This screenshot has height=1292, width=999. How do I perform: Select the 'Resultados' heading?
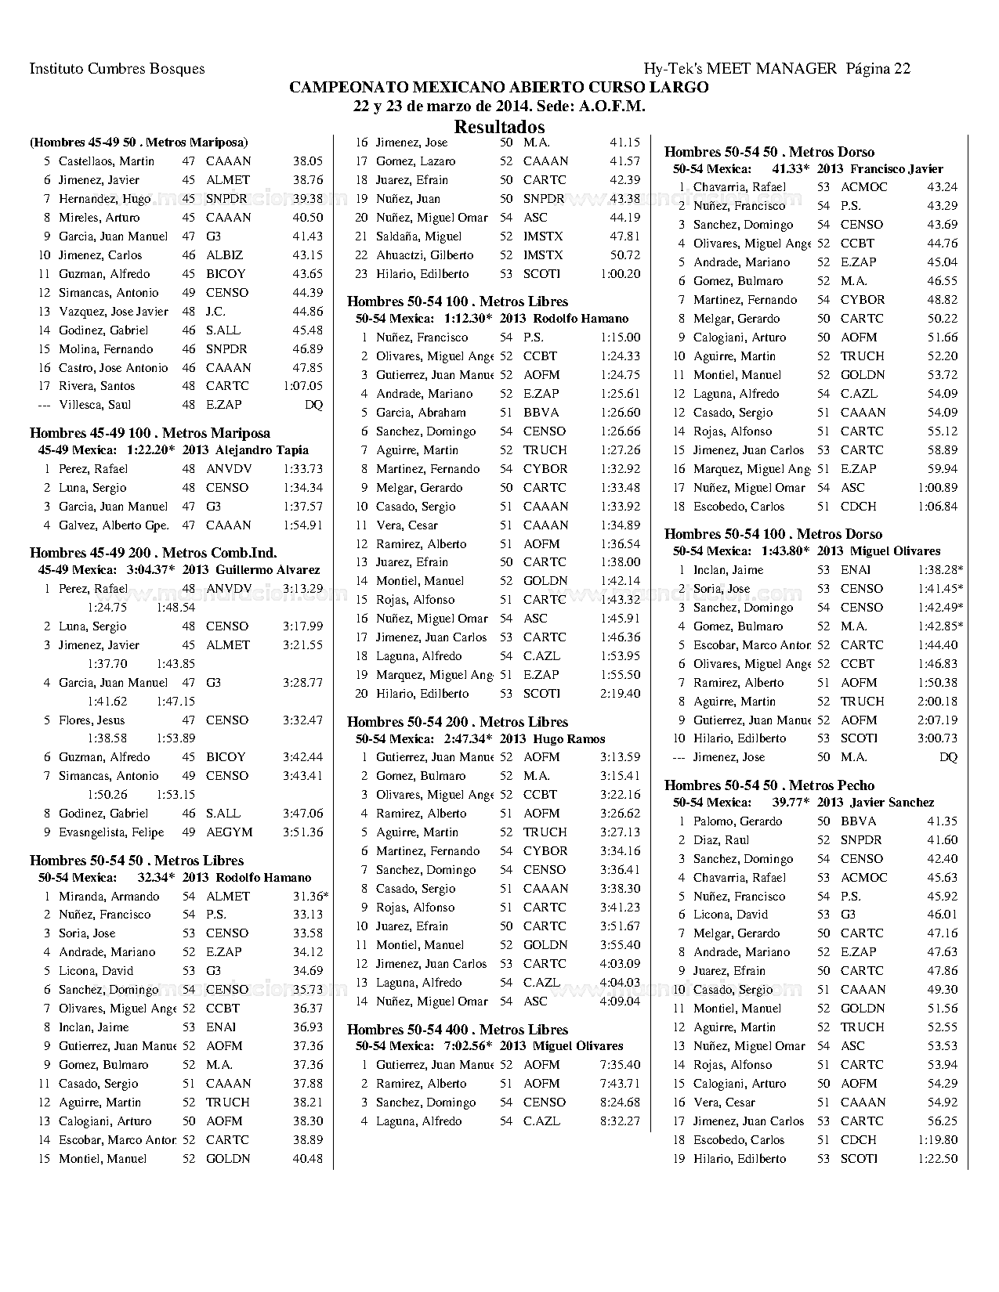(x=499, y=127)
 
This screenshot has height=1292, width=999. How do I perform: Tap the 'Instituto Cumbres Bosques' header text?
(x=117, y=69)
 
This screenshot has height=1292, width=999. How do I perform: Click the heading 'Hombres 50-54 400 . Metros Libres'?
(x=457, y=1030)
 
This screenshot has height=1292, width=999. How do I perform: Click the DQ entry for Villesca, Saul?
(x=313, y=405)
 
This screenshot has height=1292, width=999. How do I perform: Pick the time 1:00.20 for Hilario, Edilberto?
(x=620, y=274)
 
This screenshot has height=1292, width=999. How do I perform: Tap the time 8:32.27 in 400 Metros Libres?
(x=620, y=1121)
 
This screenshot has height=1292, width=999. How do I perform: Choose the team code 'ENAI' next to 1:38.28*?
(x=855, y=570)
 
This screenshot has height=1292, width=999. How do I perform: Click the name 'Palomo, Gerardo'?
(x=737, y=821)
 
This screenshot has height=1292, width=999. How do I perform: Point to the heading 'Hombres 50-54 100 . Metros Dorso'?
(x=773, y=534)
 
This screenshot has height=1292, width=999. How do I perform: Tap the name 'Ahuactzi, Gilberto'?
(x=425, y=255)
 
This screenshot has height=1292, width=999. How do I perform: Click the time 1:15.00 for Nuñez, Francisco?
(x=620, y=337)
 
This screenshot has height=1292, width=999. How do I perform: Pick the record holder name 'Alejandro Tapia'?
(x=262, y=450)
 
